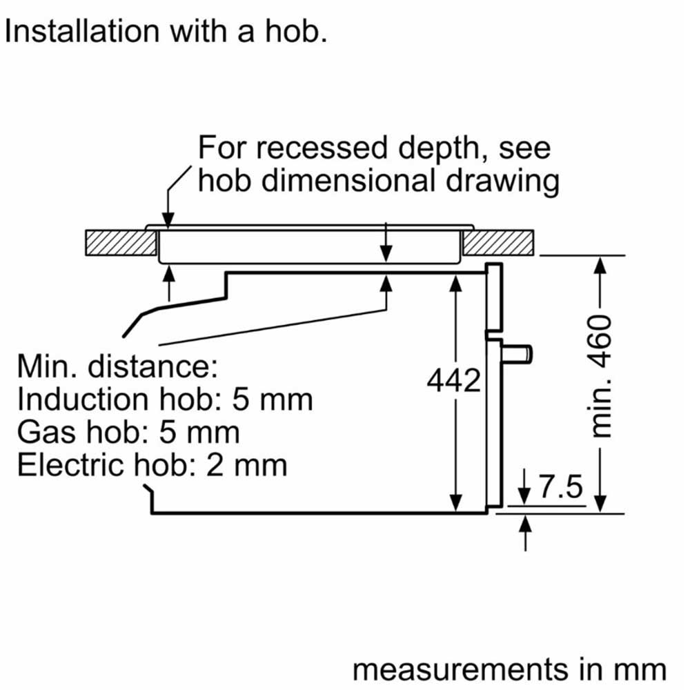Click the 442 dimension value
453,381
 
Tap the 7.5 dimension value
560,489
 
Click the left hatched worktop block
119,241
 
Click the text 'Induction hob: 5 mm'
164,400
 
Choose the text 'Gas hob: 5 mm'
128,432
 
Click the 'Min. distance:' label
117,366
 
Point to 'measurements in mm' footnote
509,669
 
